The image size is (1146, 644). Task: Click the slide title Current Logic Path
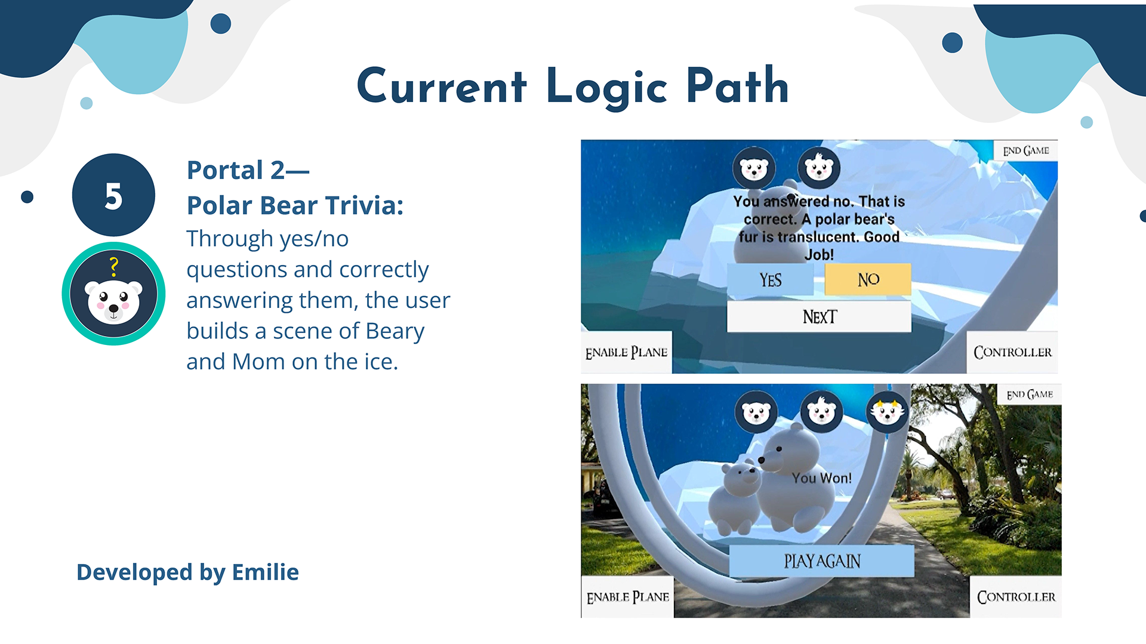(573, 87)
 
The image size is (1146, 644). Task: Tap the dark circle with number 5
(113, 195)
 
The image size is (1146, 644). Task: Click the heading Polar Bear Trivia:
(295, 205)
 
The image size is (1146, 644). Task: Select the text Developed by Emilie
(187, 572)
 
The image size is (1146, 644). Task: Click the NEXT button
(819, 316)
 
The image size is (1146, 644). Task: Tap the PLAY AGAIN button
(821, 561)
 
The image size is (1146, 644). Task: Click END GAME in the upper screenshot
(1025, 150)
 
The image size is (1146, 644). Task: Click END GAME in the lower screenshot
(1030, 395)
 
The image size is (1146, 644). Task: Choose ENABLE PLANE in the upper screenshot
(626, 352)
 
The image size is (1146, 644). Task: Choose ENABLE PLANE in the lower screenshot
(627, 597)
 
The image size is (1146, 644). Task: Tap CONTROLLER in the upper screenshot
(1012, 352)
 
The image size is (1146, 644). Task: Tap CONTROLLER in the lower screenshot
(1016, 597)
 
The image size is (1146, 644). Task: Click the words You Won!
(822, 478)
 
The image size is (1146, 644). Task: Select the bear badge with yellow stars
(887, 411)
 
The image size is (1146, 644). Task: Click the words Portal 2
(236, 170)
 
